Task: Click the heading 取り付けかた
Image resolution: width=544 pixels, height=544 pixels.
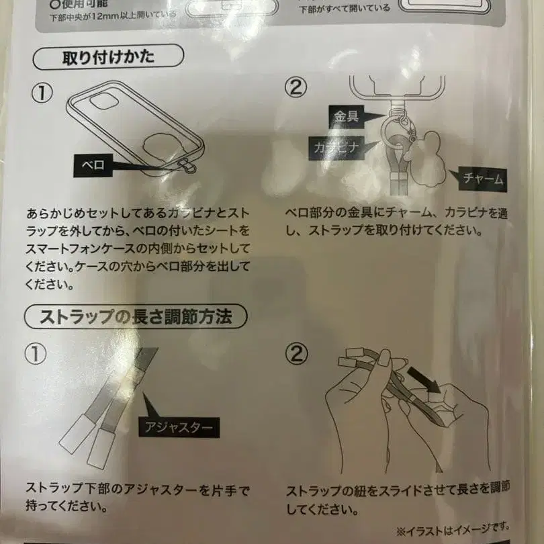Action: pyautogui.click(x=108, y=57)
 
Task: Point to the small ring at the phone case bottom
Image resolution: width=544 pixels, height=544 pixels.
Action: pyautogui.click(x=191, y=167)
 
